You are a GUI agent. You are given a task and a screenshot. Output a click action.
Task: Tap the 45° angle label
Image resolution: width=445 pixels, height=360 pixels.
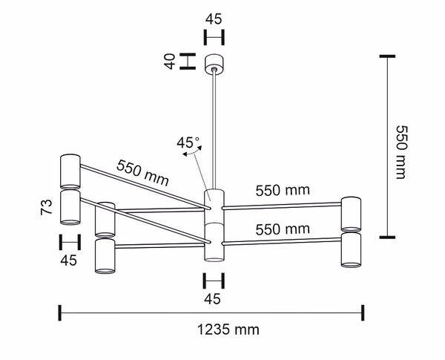click(x=188, y=142)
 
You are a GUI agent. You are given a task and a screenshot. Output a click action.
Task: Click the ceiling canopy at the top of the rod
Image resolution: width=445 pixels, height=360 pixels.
click(x=214, y=64)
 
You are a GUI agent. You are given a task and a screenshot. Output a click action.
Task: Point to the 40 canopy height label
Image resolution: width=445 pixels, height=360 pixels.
click(x=170, y=61)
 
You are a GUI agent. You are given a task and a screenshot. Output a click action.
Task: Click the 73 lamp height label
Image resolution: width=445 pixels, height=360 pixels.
click(x=46, y=206)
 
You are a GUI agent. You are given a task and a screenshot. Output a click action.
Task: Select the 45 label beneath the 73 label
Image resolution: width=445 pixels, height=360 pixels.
click(x=68, y=260)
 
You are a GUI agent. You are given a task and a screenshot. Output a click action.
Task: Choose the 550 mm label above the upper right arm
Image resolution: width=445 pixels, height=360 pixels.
click(x=282, y=190)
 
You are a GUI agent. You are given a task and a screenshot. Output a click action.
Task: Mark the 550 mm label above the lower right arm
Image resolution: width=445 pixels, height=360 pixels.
click(x=282, y=229)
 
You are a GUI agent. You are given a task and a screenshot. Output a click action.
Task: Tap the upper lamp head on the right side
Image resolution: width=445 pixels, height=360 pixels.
click(x=351, y=213)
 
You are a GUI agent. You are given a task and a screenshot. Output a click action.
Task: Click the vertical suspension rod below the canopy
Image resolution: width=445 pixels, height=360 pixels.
click(x=214, y=126)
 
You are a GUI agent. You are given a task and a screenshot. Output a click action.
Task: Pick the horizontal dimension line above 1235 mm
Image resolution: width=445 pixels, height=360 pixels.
click(x=211, y=313)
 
